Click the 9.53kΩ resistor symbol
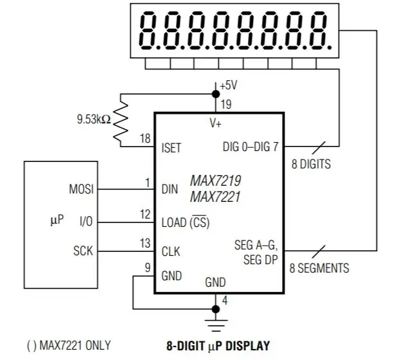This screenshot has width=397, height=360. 121,121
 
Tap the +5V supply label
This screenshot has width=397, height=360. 229,85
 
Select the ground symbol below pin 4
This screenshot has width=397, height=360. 216,325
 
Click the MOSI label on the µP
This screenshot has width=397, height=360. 82,189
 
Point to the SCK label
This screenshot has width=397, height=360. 83,251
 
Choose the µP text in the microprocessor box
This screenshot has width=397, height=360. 57,220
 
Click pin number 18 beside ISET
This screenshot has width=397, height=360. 145,139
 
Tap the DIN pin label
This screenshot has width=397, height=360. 170,189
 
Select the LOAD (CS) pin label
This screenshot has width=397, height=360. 186,222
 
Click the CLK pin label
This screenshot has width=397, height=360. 171,251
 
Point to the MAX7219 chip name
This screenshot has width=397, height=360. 215,181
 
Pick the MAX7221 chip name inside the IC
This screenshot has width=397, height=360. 215,197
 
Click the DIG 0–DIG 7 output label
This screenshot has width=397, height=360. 251,147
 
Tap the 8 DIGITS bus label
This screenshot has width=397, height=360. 311,164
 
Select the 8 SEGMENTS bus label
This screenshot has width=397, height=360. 319,268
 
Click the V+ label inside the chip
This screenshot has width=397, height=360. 215,123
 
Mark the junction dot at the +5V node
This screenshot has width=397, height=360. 216,94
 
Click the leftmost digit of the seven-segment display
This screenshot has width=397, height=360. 147,30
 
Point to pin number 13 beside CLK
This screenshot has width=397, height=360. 145,243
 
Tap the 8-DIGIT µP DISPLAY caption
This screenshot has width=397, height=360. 218,346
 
